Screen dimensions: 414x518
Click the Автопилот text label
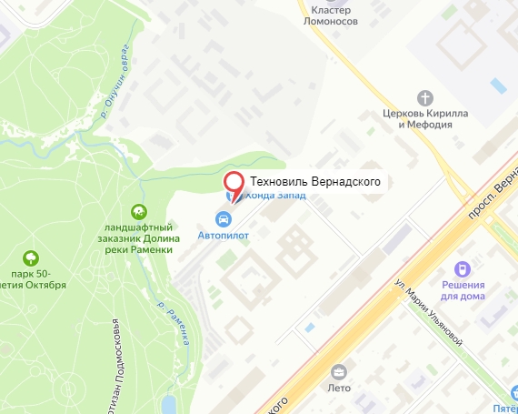[223, 236]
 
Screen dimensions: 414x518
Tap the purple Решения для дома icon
[463, 268]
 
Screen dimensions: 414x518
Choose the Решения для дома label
[463, 290]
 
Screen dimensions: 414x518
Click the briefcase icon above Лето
[339, 371]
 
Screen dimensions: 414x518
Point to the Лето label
[339, 387]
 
